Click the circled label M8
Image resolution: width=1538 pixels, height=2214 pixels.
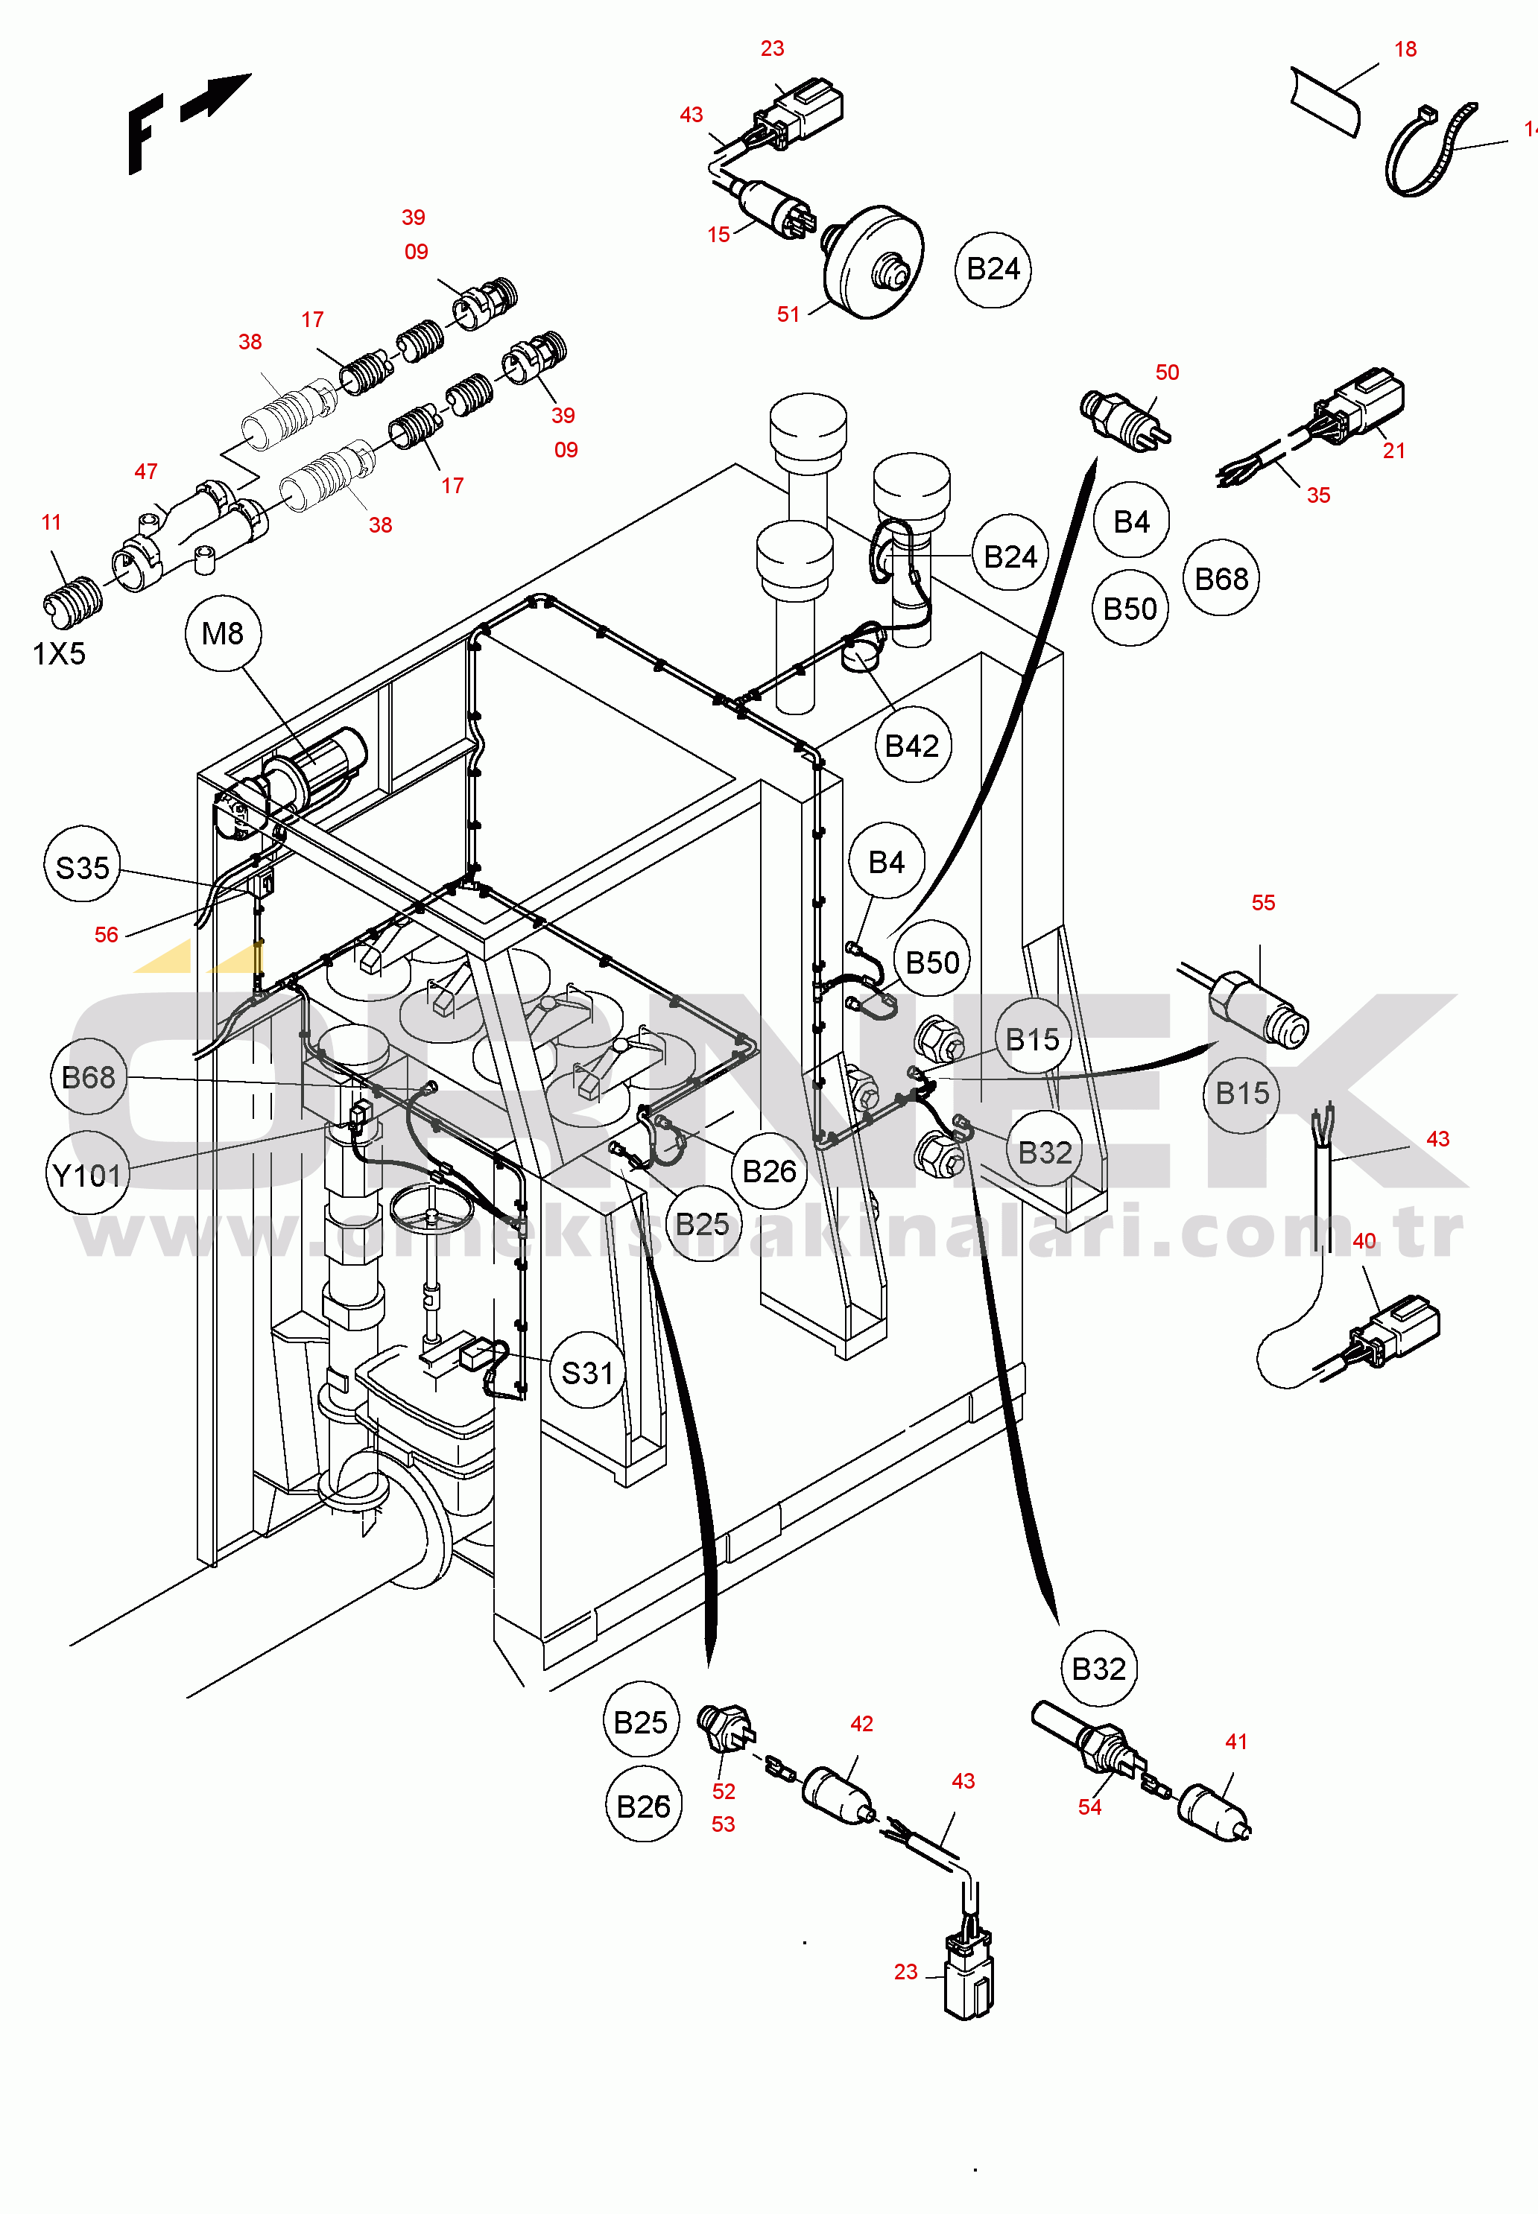[x=223, y=633]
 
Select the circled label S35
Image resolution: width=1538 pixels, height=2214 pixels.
[x=82, y=867]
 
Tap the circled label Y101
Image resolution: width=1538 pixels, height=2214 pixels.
[x=86, y=1176]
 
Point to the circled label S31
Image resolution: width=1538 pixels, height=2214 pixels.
[x=587, y=1372]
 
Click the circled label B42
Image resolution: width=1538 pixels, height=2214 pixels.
[x=911, y=746]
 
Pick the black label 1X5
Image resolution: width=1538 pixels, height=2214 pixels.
[x=59, y=654]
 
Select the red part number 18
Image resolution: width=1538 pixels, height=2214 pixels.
[x=1405, y=49]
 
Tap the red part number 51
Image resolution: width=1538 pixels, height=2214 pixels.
[x=788, y=314]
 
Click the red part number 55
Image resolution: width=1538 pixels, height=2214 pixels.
[x=1262, y=903]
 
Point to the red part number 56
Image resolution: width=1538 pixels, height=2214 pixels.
[x=106, y=934]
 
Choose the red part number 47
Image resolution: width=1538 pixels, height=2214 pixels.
[x=145, y=471]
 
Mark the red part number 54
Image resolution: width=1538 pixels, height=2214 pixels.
[x=1089, y=1807]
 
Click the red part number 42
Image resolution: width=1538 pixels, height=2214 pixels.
[x=861, y=1724]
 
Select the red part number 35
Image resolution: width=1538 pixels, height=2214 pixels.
[x=1318, y=495]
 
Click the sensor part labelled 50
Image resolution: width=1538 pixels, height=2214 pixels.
[x=1124, y=417]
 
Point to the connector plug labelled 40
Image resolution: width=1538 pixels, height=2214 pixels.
[x=1397, y=1330]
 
